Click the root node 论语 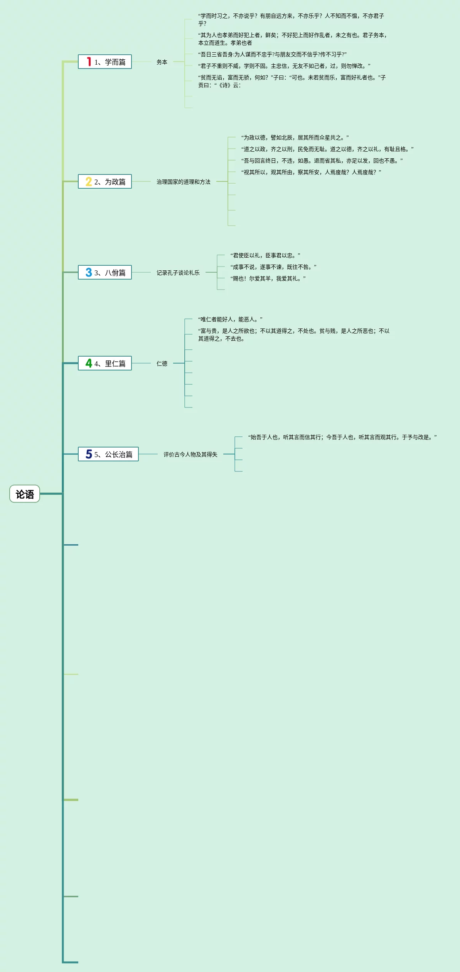point(25,494)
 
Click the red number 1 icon point(89,62)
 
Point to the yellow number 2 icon point(89,182)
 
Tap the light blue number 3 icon point(89,273)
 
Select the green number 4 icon point(89,363)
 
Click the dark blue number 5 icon point(89,454)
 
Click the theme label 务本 point(162,62)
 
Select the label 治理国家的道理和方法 point(184,182)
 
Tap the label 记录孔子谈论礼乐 point(178,273)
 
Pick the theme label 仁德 point(162,364)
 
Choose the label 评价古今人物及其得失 point(190,454)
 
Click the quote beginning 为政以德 point(295,137)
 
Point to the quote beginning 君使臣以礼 point(265,255)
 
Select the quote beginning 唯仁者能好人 point(230,319)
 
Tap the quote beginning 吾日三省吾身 point(272,54)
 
